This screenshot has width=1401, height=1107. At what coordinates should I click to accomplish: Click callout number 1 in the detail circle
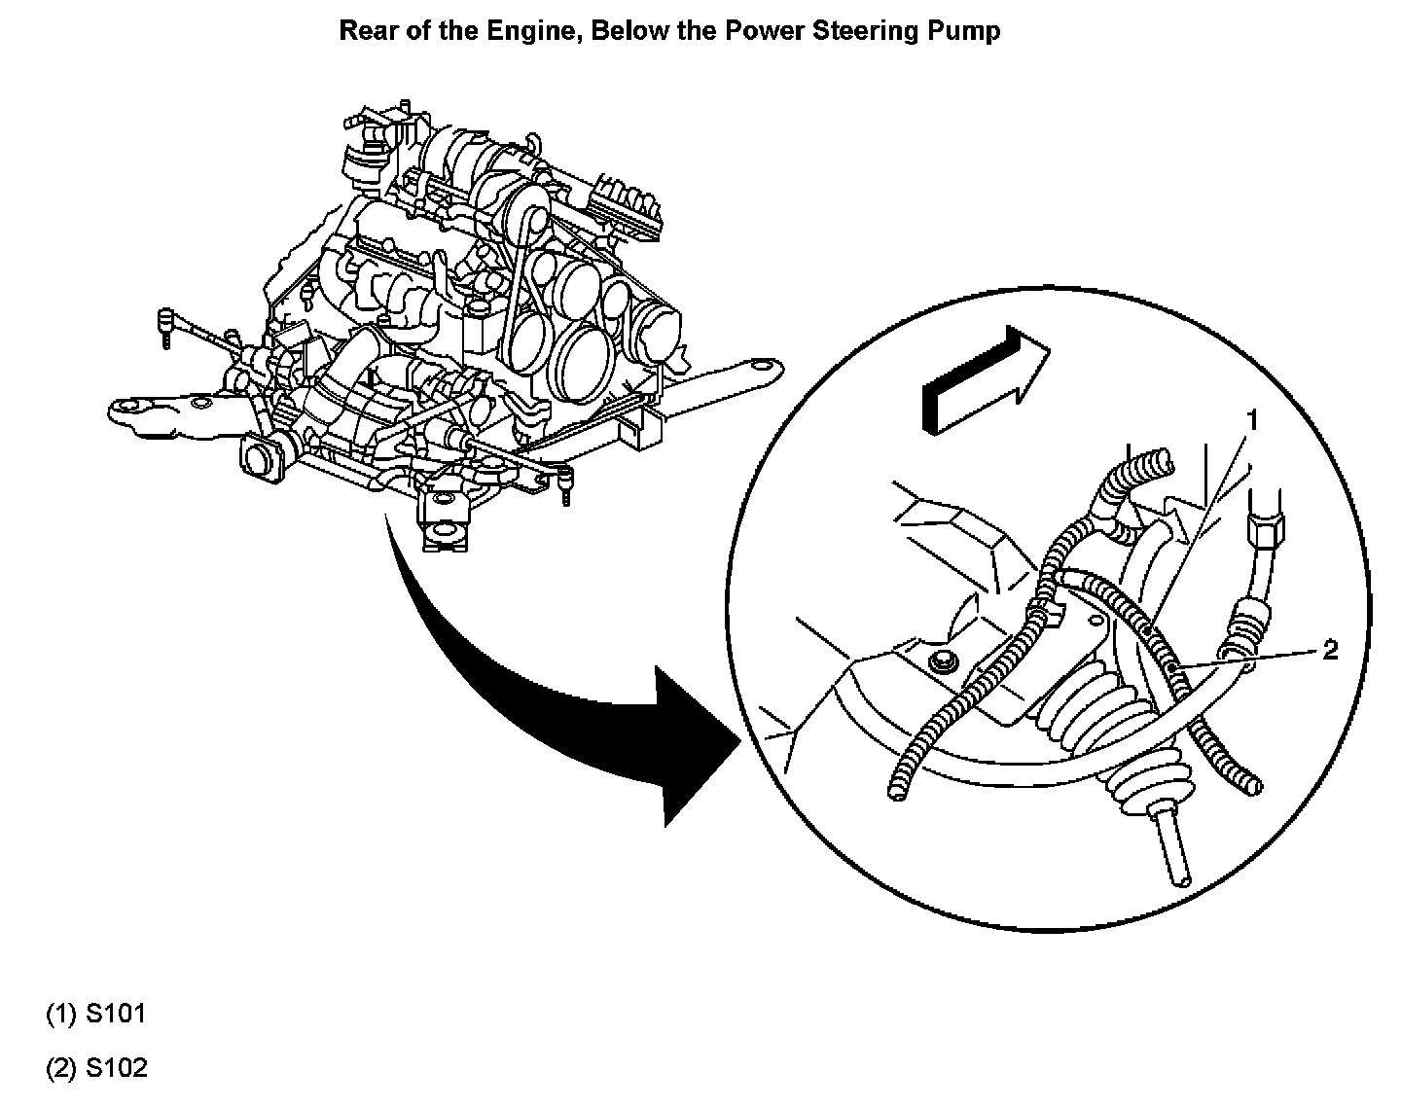pos(1253,420)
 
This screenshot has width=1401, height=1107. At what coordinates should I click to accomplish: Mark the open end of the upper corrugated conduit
pos(1158,457)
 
